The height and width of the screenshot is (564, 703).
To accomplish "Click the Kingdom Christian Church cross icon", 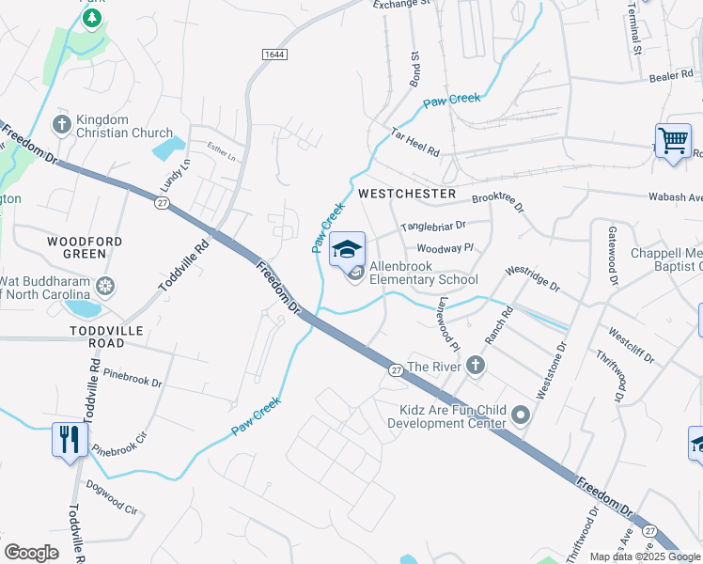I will pos(63,124).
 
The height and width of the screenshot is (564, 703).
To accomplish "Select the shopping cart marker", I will pos(673,142).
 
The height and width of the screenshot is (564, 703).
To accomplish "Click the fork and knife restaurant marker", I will pos(70,440).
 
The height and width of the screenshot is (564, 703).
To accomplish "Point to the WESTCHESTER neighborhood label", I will pos(407,194).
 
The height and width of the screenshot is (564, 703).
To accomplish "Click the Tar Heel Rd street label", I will pos(415,144).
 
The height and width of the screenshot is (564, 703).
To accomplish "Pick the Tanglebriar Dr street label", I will pos(433,227).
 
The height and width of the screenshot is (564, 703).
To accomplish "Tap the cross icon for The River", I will pos(476,366).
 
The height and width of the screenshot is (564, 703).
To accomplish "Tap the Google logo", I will pos(31,553).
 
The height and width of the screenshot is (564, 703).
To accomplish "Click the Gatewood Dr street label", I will pos(613,255).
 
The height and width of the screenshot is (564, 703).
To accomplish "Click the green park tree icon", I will pos(92,18).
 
